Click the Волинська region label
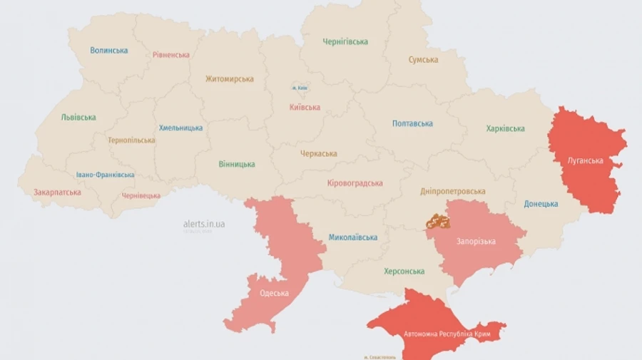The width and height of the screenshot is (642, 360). (x=109, y=51)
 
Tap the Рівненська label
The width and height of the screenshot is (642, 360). (x=171, y=55)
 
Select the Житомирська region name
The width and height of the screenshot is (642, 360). (x=229, y=79)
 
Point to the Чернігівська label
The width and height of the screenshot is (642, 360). (x=345, y=41)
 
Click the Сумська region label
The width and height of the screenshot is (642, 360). (x=423, y=60)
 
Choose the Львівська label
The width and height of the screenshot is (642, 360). (x=78, y=118)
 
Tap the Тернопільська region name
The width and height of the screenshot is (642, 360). (x=131, y=140)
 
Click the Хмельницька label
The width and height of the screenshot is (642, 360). (x=180, y=128)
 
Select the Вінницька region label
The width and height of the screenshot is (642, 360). (x=237, y=165)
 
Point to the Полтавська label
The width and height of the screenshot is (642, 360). (x=412, y=124)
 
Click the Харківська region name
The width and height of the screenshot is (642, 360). (x=505, y=129)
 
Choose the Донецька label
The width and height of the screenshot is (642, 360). (x=541, y=204)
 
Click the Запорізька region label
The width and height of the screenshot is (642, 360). (x=476, y=242)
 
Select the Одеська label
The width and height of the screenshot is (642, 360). (x=274, y=293)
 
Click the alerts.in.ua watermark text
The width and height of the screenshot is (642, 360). (x=203, y=224)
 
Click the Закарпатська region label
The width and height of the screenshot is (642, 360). (x=57, y=192)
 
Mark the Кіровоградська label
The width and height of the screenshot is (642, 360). (x=355, y=183)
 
